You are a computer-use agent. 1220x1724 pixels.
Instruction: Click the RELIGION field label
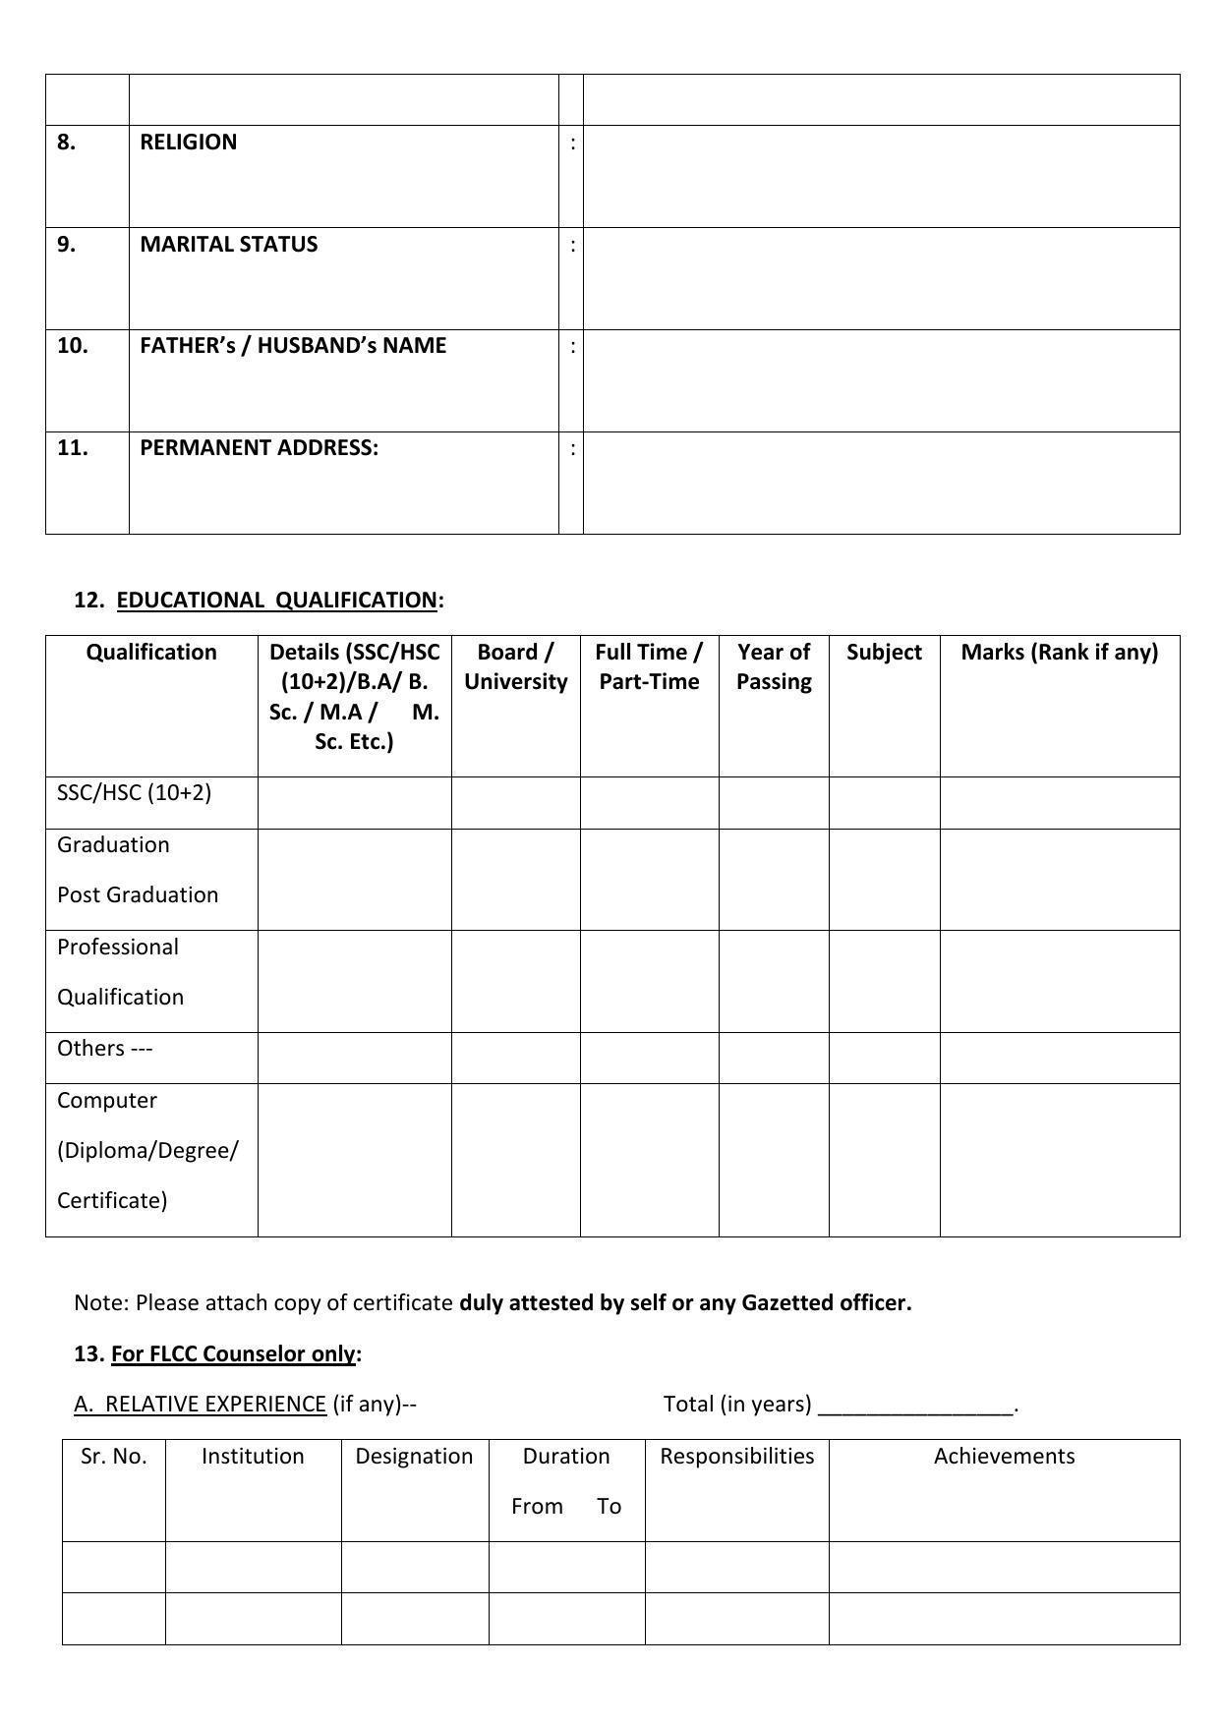click(188, 143)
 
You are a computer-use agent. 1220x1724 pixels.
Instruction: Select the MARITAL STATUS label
click(228, 245)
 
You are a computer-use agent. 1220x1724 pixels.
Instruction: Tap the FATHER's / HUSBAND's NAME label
click(293, 346)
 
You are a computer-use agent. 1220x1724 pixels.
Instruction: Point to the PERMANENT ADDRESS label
click(259, 448)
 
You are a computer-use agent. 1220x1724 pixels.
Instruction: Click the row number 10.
click(72, 346)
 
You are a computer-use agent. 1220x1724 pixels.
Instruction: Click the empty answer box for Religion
click(881, 177)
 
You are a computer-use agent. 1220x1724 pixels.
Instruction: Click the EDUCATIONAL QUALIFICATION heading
click(276, 601)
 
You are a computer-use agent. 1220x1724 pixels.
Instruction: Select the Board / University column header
click(515, 667)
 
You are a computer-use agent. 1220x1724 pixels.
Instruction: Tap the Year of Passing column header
click(774, 667)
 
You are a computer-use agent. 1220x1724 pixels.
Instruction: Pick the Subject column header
click(884, 653)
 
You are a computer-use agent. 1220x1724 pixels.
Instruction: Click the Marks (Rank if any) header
click(1059, 653)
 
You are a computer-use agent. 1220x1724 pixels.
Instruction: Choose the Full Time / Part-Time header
click(649, 667)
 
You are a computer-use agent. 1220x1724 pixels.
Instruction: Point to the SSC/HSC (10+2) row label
click(134, 793)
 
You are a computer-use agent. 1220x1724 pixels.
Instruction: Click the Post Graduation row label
click(138, 895)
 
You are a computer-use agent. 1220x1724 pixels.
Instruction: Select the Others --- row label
click(105, 1049)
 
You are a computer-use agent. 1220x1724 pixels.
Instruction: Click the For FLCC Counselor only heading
click(233, 1354)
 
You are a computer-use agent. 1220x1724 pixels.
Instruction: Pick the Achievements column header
click(1004, 1457)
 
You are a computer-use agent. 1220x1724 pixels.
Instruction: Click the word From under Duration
click(537, 1507)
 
